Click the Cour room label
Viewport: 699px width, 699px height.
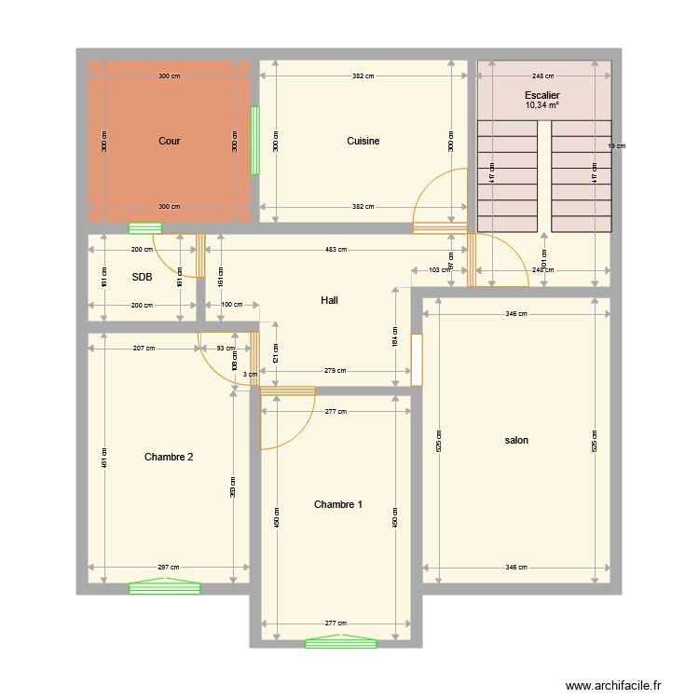[169, 142]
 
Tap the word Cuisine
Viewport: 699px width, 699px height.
[363, 142]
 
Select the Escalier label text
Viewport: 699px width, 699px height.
[542, 95]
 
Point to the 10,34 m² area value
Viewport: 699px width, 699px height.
[542, 106]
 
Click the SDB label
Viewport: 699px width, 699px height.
[142, 278]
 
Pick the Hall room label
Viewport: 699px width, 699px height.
[329, 301]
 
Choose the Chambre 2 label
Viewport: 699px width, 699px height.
[169, 457]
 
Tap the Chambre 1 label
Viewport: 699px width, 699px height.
[337, 505]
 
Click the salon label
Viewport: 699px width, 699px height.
[516, 440]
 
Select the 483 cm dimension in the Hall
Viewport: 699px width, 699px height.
[336, 250]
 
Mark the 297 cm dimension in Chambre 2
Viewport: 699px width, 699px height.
[169, 568]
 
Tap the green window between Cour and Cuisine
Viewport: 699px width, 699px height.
[254, 141]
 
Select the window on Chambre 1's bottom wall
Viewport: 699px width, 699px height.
[341, 642]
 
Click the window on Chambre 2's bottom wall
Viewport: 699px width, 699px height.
[165, 587]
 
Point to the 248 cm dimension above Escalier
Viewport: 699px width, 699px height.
[542, 76]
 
